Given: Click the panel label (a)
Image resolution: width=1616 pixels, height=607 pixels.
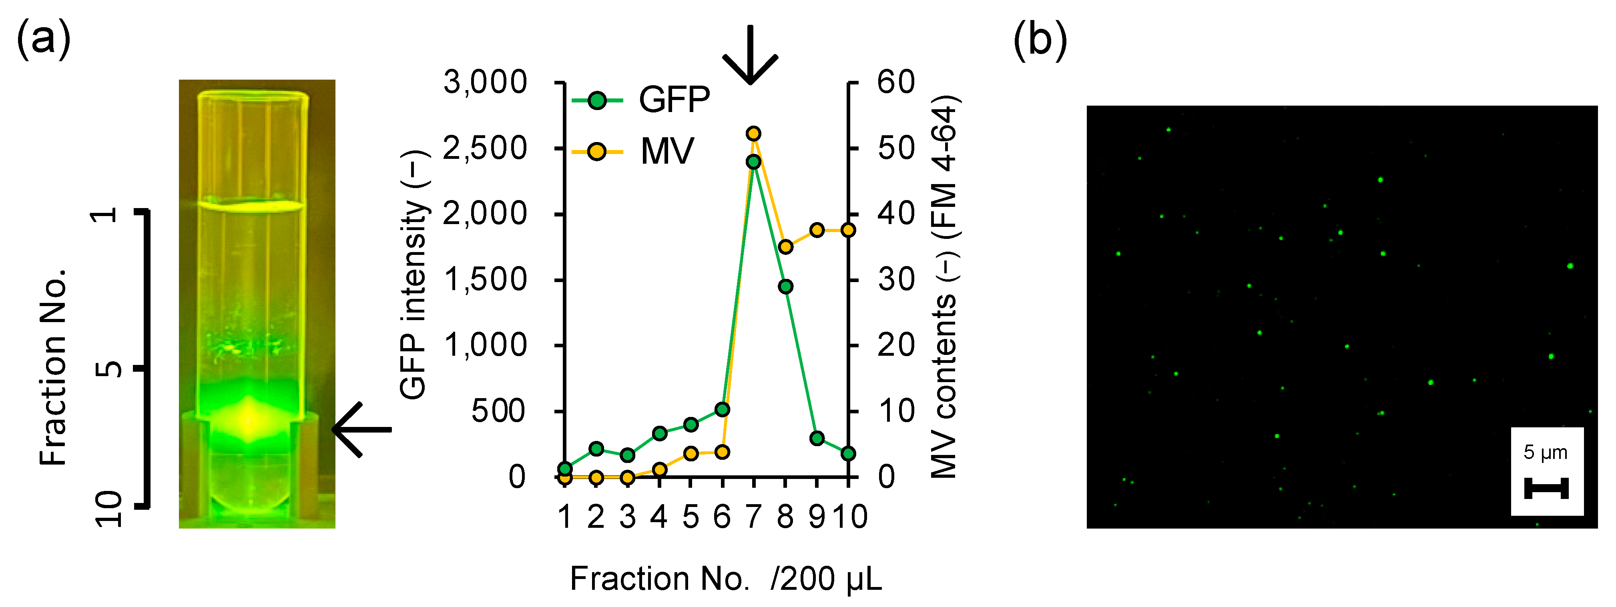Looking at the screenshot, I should pos(43,39).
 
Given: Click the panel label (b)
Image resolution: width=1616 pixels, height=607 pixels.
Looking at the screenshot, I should pos(1040,39).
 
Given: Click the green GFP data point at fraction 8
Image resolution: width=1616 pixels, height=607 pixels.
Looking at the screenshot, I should pos(785,286).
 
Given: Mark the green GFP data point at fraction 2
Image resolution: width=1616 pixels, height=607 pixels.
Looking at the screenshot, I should pos(596,449).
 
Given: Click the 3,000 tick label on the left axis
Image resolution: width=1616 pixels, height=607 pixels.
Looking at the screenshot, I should pos(485,82).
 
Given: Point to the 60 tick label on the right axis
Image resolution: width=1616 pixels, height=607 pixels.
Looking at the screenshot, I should pos(896,82).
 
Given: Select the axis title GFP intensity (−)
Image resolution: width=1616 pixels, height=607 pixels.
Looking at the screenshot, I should pos(414,274).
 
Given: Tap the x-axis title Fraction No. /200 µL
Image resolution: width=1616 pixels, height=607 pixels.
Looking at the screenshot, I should pos(726,578).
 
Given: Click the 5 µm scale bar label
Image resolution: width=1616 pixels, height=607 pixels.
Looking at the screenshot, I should pos(1546,452).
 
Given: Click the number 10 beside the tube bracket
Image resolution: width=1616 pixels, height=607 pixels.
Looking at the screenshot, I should pos(108,508).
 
